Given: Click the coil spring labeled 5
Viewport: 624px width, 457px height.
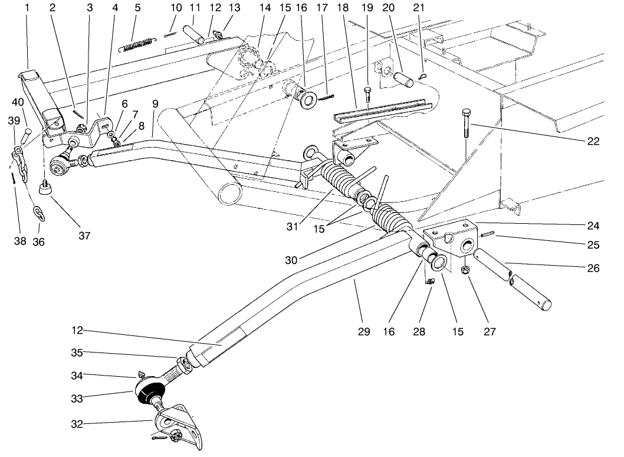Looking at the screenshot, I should click(x=136, y=43).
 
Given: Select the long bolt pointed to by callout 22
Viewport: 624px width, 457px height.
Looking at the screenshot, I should click(x=466, y=123).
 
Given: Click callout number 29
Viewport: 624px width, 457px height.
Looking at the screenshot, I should click(x=363, y=332).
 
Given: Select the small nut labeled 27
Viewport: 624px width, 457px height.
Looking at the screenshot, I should click(x=465, y=270).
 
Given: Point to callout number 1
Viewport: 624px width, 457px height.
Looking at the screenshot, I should click(x=27, y=8).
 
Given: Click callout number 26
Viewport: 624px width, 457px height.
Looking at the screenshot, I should click(x=593, y=269).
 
